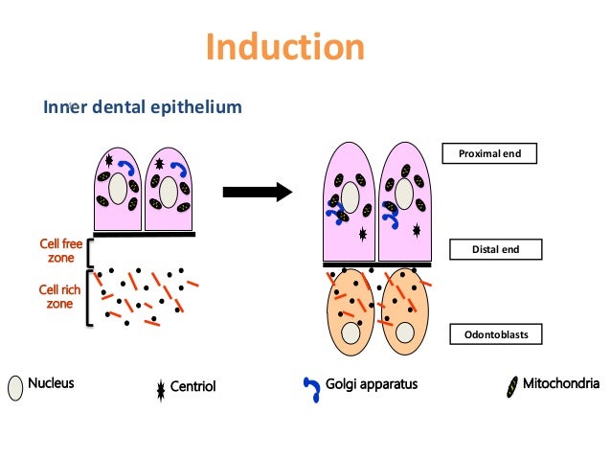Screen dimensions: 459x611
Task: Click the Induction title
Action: tap(284, 47)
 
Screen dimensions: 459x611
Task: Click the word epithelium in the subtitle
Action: tap(198, 107)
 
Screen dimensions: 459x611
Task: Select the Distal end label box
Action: tap(495, 250)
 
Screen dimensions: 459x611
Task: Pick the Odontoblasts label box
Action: tap(495, 334)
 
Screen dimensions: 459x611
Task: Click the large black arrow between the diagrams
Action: tap(256, 192)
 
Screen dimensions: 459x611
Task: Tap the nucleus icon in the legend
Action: tap(15, 387)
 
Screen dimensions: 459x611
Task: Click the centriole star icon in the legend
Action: tap(160, 387)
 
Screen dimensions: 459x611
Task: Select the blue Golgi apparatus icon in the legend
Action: tap(311, 387)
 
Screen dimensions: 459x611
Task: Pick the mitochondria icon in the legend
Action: tap(513, 386)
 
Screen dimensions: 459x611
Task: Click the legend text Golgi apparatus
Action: tap(373, 385)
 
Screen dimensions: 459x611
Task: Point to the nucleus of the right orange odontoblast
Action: tap(406, 333)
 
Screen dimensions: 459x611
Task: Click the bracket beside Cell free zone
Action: tap(89, 252)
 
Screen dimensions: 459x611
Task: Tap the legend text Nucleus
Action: tap(52, 385)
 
